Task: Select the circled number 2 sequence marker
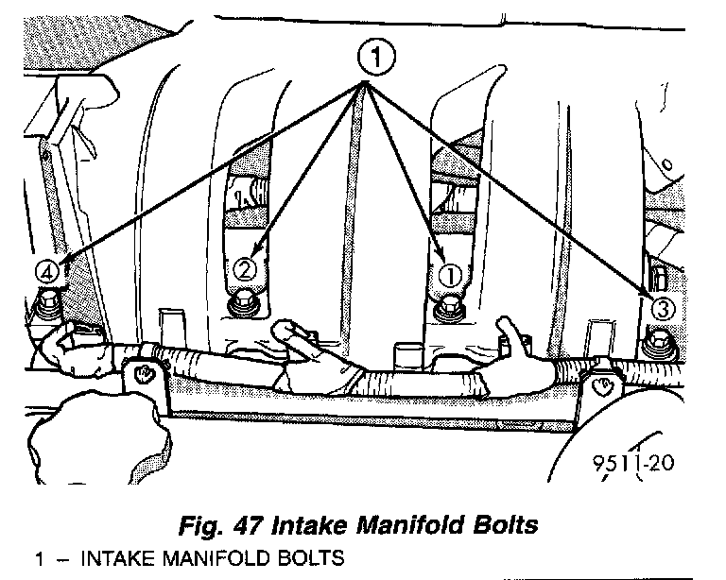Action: point(244,270)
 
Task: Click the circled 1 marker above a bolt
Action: point(450,276)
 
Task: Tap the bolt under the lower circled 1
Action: point(448,308)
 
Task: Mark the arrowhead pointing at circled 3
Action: point(649,288)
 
